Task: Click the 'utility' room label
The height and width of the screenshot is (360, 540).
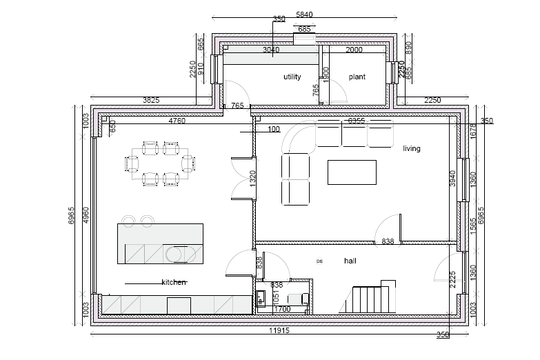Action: tap(292, 77)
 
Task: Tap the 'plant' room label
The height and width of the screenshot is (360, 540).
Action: tap(357, 77)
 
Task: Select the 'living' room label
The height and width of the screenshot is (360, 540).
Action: tap(412, 148)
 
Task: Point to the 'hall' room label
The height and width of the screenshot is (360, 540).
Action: tap(350, 261)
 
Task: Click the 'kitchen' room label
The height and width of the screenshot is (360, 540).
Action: tap(174, 283)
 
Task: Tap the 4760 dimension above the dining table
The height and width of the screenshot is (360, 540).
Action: tap(177, 121)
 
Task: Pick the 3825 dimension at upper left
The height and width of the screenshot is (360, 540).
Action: tap(150, 100)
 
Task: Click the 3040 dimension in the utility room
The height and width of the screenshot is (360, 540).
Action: tap(272, 50)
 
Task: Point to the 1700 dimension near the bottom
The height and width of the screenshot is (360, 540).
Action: tap(283, 310)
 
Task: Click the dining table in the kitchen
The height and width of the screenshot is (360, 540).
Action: tap(160, 164)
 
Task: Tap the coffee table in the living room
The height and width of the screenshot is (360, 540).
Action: tap(352, 172)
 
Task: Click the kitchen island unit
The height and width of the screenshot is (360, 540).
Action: tap(161, 243)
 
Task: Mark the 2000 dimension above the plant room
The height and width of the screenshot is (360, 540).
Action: tap(354, 50)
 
